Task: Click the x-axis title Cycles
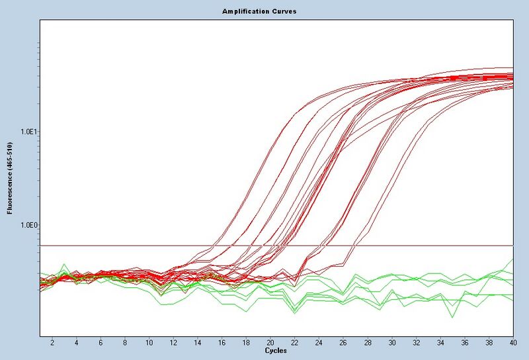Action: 276,351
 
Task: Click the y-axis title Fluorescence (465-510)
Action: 10,177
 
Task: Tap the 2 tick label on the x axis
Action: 52,343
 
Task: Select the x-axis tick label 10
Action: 149,343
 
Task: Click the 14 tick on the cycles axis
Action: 198,343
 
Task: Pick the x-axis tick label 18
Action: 246,343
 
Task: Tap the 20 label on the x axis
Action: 270,343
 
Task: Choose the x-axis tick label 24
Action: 319,343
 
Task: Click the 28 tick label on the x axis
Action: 368,343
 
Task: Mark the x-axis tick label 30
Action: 392,343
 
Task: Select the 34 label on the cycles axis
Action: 440,343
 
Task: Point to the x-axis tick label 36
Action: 465,343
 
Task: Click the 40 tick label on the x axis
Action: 512,343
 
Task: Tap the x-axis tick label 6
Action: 101,343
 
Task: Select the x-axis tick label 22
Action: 295,343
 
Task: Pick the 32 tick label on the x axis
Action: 417,343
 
